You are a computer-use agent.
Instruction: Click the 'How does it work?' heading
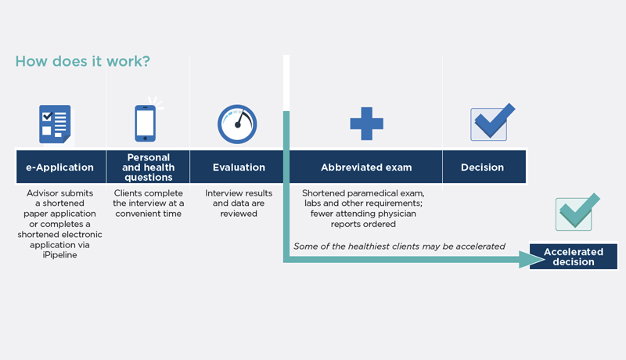point(83,61)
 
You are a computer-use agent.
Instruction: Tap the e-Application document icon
point(56,124)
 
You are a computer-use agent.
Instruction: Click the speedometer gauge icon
point(237,124)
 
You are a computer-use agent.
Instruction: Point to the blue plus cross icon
point(366,124)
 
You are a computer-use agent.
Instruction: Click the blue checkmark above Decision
point(493,122)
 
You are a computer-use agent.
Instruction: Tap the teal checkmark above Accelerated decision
point(577,211)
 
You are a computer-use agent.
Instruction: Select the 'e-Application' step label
point(60,167)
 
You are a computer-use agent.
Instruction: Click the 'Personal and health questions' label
point(149,167)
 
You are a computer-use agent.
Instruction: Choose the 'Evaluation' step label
point(239,167)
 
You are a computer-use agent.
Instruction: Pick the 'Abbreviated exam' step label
point(366,167)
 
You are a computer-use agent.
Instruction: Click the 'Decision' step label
point(482,167)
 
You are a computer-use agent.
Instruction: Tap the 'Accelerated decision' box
point(574,257)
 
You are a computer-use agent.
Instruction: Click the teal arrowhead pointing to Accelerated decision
point(532,259)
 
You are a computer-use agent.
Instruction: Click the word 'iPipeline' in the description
point(60,254)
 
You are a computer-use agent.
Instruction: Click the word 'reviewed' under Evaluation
point(239,214)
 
